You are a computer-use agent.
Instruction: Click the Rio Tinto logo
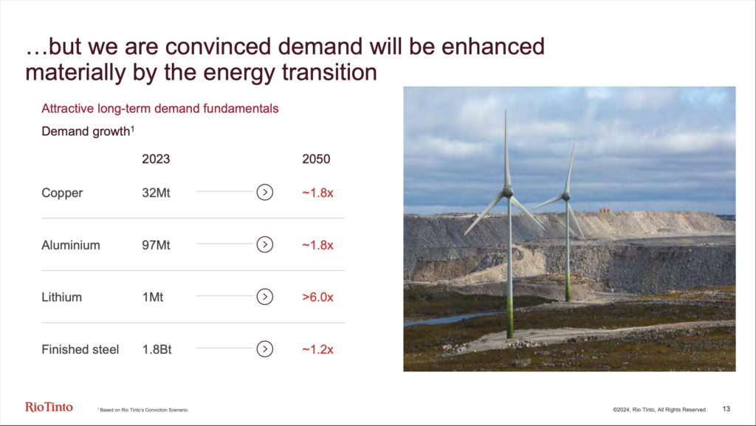49,408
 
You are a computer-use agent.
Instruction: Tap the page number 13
726,409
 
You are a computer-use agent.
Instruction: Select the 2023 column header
156,159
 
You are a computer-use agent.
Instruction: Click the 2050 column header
316,159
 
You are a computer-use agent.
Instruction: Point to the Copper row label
62,193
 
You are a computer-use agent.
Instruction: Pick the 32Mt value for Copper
157,193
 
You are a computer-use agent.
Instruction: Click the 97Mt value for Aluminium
157,245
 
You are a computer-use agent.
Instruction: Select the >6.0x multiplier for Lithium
317,297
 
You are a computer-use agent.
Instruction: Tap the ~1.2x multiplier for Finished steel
317,349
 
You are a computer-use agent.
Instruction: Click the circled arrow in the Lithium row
265,297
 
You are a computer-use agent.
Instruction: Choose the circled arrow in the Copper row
265,192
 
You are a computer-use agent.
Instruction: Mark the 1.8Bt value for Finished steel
157,349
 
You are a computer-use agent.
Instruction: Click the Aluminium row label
71,245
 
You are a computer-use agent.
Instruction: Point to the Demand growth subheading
88,131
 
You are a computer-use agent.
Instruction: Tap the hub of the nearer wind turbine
508,192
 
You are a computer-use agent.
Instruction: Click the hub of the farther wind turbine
566,196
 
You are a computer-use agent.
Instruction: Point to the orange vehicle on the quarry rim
605,210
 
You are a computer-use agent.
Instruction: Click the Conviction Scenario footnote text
143,410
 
